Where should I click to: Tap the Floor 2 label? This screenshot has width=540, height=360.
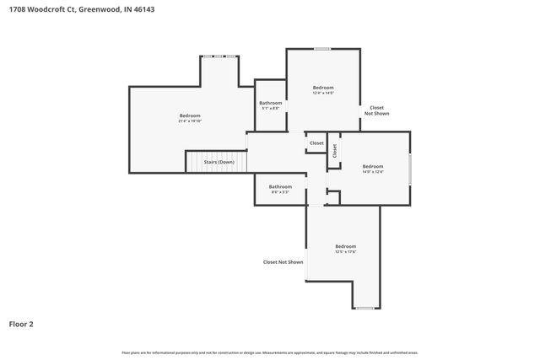coord(21,323)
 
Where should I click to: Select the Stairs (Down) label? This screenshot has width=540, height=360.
coord(219,162)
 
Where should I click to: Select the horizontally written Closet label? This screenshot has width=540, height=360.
coord(316,143)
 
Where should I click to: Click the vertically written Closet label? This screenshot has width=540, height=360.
coord(334,150)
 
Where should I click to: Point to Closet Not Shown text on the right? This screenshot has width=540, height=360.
coord(376,110)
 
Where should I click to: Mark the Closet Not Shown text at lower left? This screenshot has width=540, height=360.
coord(283,262)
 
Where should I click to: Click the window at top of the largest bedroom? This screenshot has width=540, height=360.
coord(218,56)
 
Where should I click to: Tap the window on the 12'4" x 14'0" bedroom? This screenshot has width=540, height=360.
coord(321,49)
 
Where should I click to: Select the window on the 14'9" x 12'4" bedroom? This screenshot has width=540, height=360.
coord(410,169)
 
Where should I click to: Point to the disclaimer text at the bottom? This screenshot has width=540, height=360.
coord(270,352)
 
